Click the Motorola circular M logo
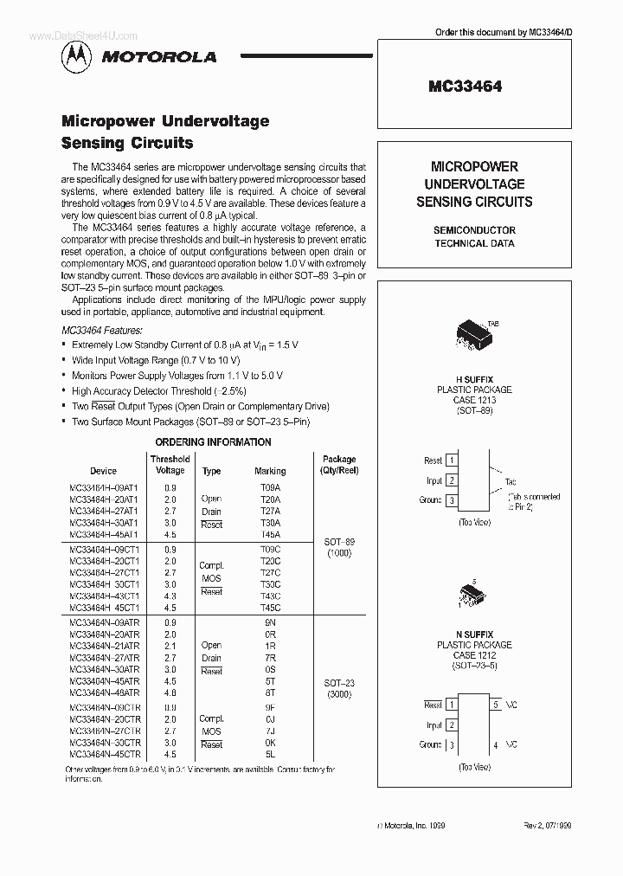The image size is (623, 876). pyautogui.click(x=74, y=56)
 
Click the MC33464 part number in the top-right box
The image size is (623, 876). pyautogui.click(x=465, y=87)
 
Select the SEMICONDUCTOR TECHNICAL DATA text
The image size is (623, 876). pyautogui.click(x=474, y=236)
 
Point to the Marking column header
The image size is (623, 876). pyautogui.click(x=270, y=471)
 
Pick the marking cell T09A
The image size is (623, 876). pyautogui.click(x=270, y=486)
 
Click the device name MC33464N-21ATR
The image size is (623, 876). pyautogui.click(x=103, y=646)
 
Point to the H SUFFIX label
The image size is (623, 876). pyautogui.click(x=473, y=379)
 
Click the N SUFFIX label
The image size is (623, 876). pyautogui.click(x=473, y=634)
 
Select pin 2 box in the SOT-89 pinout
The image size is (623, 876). pyautogui.click(x=452, y=480)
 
